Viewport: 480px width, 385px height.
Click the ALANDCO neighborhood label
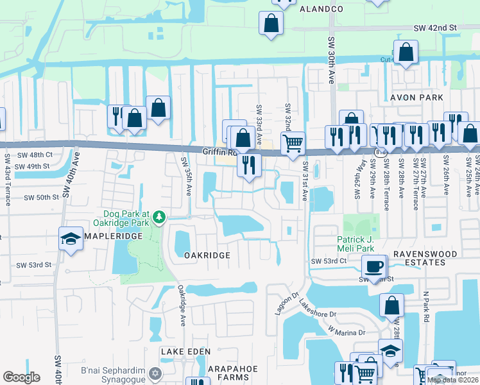click(x=318, y=9)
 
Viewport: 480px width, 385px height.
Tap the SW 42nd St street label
click(x=434, y=28)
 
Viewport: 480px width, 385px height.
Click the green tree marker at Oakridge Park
click(x=159, y=219)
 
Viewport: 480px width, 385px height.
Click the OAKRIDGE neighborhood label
click(x=207, y=255)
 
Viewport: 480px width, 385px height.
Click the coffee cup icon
click(x=373, y=265)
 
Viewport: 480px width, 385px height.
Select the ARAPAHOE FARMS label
click(x=228, y=373)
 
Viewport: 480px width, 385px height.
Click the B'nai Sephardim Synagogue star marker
click(x=154, y=373)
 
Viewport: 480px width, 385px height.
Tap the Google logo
click(x=21, y=377)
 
